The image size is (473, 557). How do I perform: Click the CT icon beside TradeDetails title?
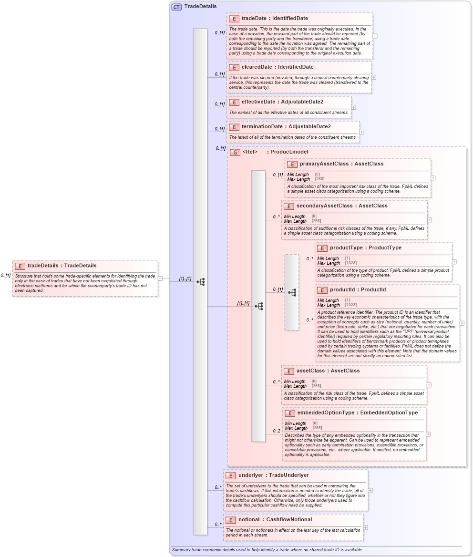(177, 7)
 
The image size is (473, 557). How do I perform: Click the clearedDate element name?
(258, 67)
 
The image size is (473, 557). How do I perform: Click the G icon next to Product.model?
(235, 152)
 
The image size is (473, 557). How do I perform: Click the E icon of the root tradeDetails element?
(21, 266)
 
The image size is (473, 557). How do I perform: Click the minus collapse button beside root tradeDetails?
(161, 278)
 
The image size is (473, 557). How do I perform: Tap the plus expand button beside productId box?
(462, 323)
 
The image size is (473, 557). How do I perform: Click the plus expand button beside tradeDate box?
(375, 36)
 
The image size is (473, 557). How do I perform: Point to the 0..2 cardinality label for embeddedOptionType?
(277, 431)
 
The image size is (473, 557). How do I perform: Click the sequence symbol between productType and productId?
(292, 292)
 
